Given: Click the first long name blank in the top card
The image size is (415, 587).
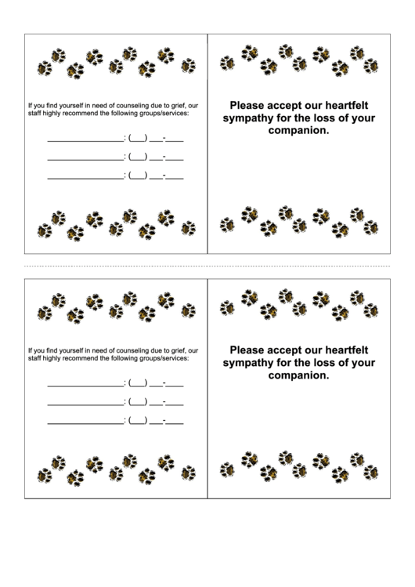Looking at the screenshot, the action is pyautogui.click(x=85, y=141).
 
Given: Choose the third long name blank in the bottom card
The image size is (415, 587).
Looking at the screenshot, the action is pyautogui.click(x=85, y=422).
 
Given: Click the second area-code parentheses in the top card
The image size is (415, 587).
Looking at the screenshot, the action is pyautogui.click(x=138, y=158).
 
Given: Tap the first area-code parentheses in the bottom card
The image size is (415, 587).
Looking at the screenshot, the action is pyautogui.click(x=138, y=385).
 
